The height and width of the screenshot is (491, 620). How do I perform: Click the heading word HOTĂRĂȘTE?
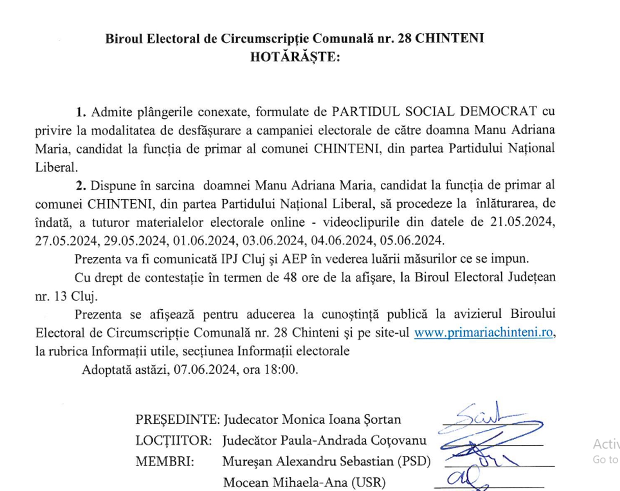coord(295,57)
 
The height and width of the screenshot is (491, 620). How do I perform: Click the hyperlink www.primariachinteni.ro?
coord(483,332)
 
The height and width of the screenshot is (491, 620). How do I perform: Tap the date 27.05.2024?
coord(65,240)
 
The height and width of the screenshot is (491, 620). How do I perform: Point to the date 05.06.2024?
coord(411,240)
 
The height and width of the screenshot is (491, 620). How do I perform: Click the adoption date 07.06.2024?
coord(205,369)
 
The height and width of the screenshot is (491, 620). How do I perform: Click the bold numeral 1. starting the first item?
coord(81,112)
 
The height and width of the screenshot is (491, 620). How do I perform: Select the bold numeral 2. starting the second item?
coord(81,186)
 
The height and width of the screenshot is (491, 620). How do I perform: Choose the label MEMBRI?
coord(165,461)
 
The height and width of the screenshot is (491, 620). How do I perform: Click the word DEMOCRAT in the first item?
coord(498,112)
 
